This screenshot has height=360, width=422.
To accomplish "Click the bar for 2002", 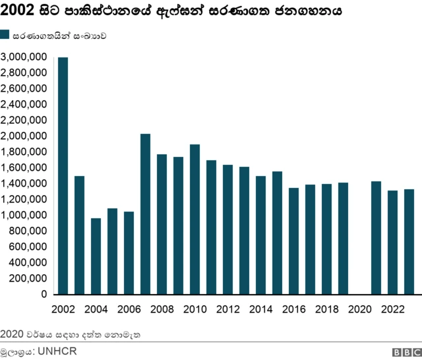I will (63, 175).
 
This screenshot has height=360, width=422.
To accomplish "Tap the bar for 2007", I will (145, 214).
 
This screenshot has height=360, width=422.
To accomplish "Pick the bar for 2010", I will (195, 219).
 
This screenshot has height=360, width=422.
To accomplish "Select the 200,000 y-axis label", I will (29, 279).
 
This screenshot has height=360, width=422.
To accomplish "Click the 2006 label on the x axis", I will (129, 309).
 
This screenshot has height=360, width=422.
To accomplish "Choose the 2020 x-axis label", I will (359, 309).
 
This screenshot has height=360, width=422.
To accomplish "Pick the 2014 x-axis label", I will (260, 309).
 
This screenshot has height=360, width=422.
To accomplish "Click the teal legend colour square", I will (5, 36).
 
